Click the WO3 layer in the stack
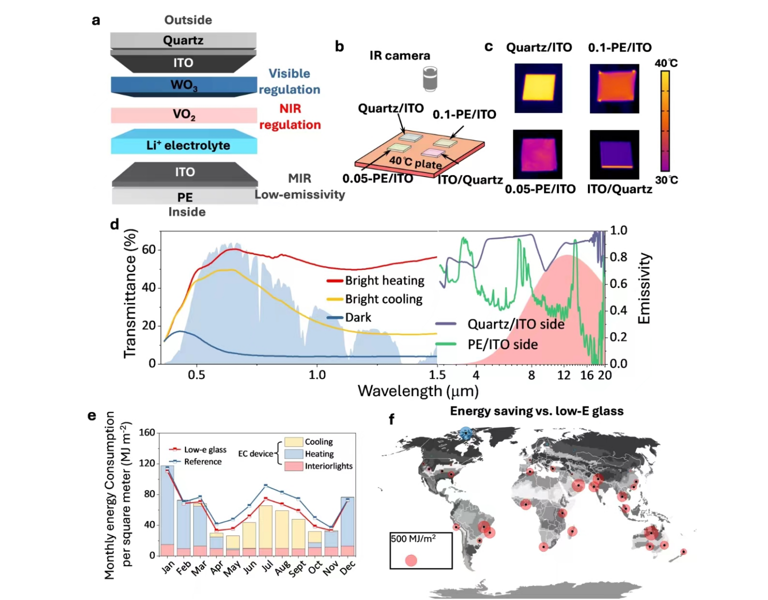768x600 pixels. click(183, 85)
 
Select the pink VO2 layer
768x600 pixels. click(183, 115)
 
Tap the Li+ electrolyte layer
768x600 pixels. click(183, 145)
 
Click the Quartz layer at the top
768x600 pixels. click(183, 40)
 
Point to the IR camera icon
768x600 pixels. click(430, 78)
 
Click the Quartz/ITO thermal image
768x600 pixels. click(538, 88)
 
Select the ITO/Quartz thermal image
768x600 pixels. click(614, 154)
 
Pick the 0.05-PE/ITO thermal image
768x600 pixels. click(538, 154)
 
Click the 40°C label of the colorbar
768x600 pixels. click(666, 63)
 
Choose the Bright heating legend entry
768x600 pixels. click(384, 280)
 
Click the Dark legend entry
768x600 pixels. click(358, 317)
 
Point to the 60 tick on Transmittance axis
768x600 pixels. click(149, 249)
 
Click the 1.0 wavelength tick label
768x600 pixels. click(317, 375)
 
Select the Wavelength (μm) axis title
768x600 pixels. click(418, 391)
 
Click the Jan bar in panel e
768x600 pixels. click(167, 510)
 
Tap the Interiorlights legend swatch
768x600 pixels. click(293, 466)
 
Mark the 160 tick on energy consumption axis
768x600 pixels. click(147, 432)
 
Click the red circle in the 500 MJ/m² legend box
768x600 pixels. click(411, 560)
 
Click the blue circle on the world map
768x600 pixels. click(465, 433)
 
